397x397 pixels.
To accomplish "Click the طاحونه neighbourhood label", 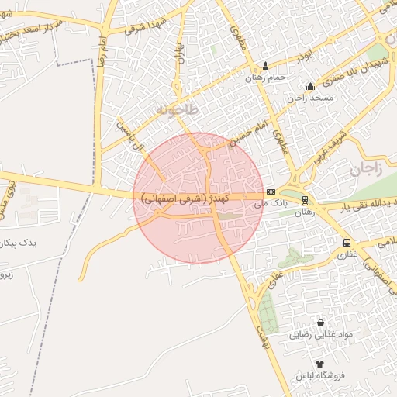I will point(178,110).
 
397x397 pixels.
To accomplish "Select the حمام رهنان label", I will point(266,78).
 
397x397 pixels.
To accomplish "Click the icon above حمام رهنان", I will point(267,65).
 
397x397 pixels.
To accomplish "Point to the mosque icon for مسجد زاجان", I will point(310,86).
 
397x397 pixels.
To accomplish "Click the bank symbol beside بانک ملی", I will point(271,192).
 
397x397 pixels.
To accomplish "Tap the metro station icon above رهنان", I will point(305,199).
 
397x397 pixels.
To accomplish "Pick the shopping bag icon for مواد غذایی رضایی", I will point(320,323).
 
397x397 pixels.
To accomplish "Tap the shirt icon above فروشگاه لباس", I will point(319,363).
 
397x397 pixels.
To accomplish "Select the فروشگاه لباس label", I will point(319,376).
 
